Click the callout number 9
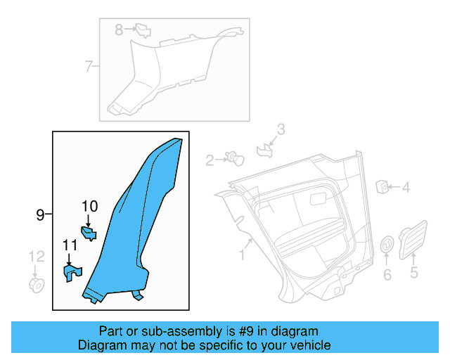click(40, 214)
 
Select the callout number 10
click(89, 207)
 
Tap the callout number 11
click(70, 245)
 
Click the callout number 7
click(89, 67)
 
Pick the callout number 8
click(119, 30)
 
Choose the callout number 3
click(281, 129)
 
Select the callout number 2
click(210, 160)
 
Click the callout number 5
click(413, 273)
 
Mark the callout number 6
click(387, 274)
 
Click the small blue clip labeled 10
click(89, 233)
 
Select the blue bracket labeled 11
click(72, 272)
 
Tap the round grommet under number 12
click(36, 285)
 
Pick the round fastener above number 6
click(387, 245)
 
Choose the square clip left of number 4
click(383, 186)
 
